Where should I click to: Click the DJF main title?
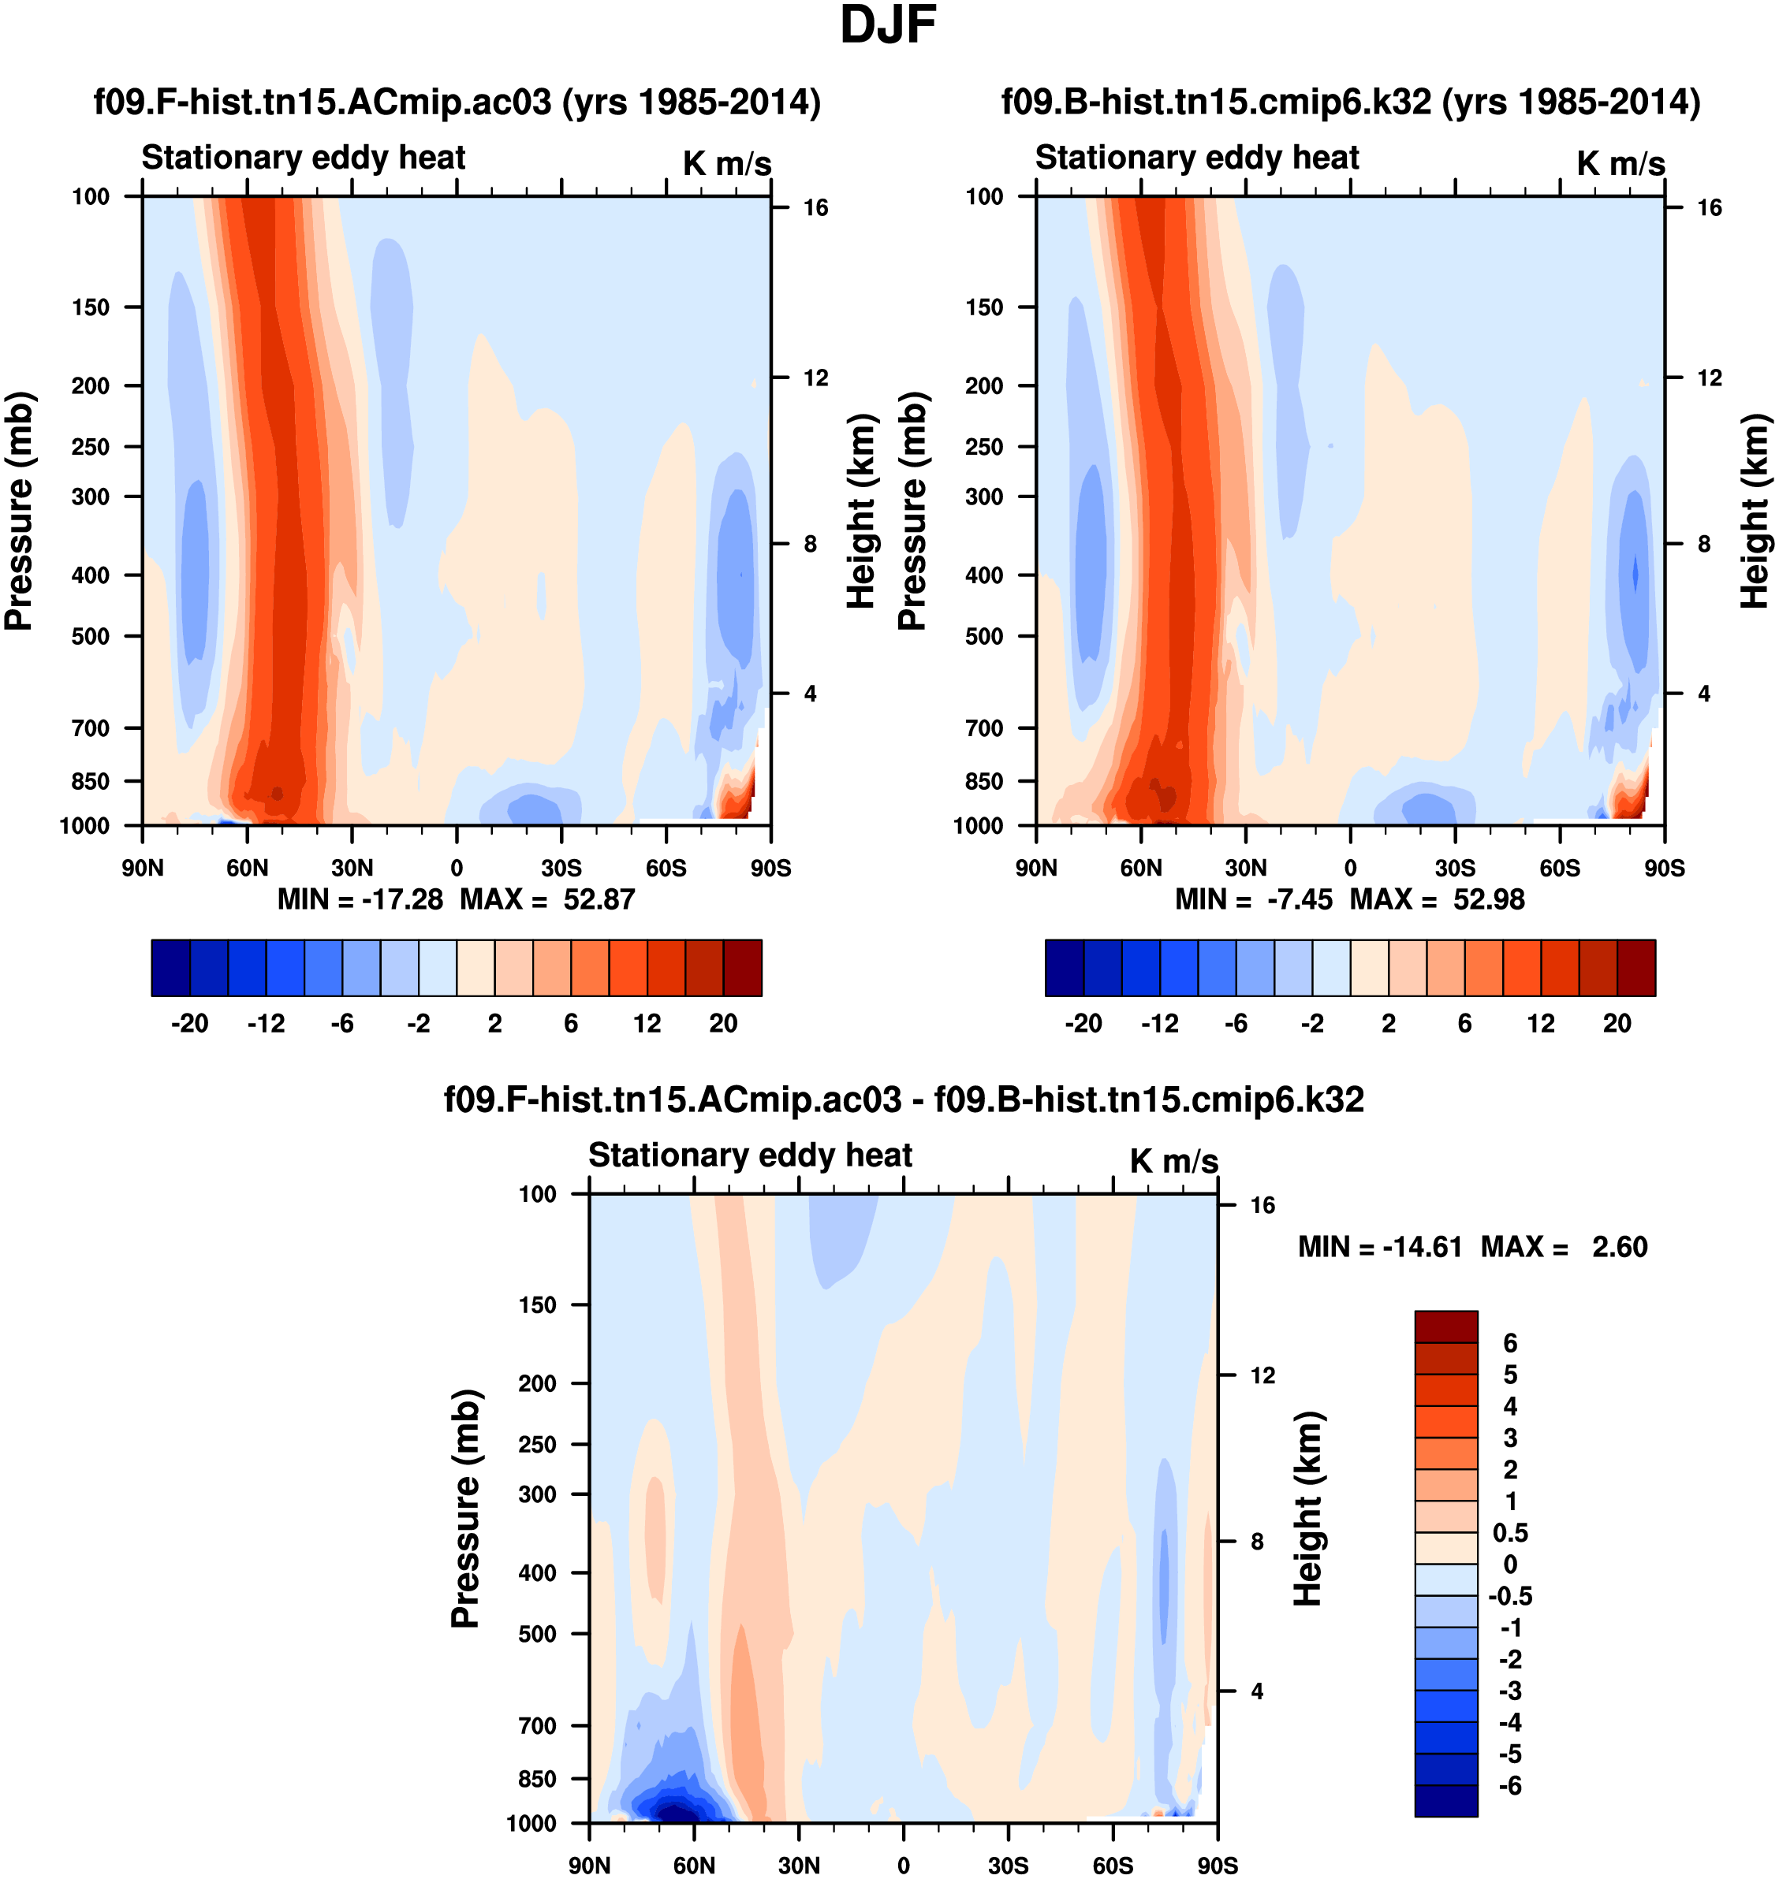tap(888, 25)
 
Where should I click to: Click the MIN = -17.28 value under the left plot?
tap(360, 899)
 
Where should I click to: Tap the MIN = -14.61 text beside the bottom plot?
tap(1380, 1247)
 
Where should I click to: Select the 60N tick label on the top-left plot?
tap(248, 869)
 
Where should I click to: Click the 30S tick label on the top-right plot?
tap(1455, 869)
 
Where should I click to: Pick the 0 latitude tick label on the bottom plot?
tap(904, 1866)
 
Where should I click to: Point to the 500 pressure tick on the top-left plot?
tap(91, 636)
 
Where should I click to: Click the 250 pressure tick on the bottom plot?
tap(538, 1444)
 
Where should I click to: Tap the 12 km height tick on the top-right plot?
tap(1710, 378)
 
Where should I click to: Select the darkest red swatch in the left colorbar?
tap(743, 968)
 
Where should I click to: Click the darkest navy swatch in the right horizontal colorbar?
tap(1064, 968)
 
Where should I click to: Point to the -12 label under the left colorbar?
tap(267, 1024)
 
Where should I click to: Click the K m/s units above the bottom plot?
tap(1174, 1161)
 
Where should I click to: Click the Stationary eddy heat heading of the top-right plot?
tap(1197, 158)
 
